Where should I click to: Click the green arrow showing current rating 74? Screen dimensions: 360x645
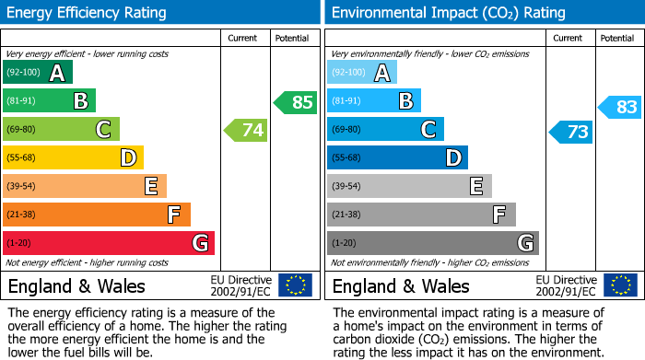246,130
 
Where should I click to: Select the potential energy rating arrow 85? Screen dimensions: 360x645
296,102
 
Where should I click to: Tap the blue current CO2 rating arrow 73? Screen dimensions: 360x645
571,132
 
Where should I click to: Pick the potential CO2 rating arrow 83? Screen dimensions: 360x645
620,107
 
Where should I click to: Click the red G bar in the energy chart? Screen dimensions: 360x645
109,243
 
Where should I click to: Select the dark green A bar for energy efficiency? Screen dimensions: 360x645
38,73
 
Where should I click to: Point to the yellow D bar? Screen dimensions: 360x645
74,157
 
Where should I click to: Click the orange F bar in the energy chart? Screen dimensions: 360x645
97,215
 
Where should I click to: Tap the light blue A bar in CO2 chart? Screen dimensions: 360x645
362,73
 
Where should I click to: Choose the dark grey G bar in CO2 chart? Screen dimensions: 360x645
433,243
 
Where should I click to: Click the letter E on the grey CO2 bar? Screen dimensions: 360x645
476,186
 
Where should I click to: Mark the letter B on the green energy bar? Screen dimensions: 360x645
80,101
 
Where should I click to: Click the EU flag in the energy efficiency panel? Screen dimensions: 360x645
295,285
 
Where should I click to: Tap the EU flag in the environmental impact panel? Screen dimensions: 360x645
619,285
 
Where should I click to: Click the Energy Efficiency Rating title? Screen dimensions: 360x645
88,13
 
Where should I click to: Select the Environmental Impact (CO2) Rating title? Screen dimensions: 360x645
448,13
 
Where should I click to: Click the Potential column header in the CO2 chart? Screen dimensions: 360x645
617,38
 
